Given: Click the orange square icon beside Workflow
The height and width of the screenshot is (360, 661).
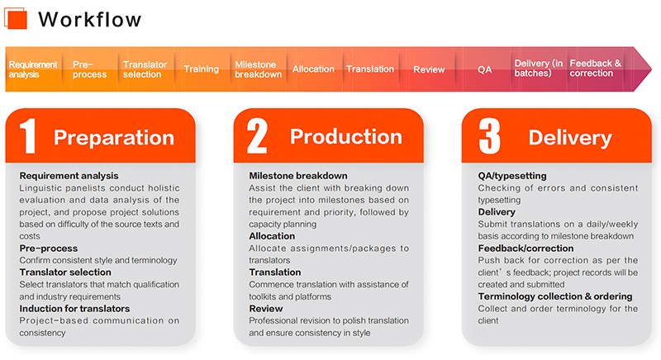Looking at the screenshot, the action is [x=16, y=18].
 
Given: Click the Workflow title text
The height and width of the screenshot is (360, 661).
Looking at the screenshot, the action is [x=90, y=19].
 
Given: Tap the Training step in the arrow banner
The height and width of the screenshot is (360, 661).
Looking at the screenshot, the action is [x=201, y=69].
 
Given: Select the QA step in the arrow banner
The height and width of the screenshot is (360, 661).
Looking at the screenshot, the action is [x=484, y=69].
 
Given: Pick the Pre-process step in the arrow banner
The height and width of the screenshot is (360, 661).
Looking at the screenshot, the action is [x=89, y=69].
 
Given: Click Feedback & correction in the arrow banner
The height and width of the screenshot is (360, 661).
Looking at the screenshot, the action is [x=595, y=69].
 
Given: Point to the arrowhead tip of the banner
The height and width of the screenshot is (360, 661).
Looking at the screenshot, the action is [x=651, y=69].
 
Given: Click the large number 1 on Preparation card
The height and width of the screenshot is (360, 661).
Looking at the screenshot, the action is [x=28, y=135].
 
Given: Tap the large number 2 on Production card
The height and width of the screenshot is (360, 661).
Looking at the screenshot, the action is [x=257, y=135].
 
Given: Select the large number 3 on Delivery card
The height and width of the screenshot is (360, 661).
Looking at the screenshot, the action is [x=489, y=135].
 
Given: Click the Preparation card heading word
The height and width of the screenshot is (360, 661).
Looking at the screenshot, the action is [x=114, y=138].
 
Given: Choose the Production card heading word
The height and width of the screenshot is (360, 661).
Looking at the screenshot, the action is [x=346, y=137].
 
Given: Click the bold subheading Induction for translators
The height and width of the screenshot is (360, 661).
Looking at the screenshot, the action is [x=74, y=309].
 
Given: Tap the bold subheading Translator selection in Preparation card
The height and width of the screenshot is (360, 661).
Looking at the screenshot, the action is [x=65, y=272].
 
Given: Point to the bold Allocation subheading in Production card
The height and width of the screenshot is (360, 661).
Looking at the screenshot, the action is [x=272, y=236].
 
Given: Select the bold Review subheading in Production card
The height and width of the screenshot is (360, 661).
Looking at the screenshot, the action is [x=266, y=309].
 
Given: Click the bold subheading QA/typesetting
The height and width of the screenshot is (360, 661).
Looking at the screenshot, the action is [x=512, y=176].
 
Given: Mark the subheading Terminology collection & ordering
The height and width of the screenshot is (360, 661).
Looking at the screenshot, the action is [x=555, y=296].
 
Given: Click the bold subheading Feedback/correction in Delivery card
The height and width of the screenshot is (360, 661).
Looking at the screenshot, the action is [x=525, y=249].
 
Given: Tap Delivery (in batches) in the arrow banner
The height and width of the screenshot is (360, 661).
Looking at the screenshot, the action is [x=539, y=69].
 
